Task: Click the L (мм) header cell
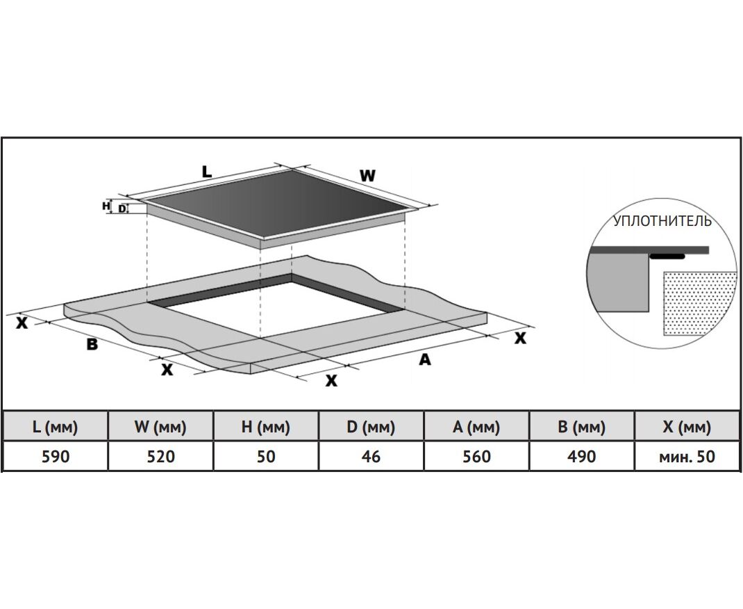[55, 426]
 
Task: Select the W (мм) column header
[160, 426]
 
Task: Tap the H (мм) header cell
[266, 426]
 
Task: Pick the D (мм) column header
[371, 426]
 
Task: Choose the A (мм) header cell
[476, 426]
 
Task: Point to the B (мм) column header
[582, 426]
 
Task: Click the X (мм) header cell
[687, 426]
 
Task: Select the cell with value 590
[55, 456]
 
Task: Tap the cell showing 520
[160, 456]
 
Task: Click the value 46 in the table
[371, 456]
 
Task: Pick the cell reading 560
[476, 456]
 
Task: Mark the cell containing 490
[582, 456]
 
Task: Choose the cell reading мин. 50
[687, 456]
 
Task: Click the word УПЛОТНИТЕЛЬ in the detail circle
[662, 221]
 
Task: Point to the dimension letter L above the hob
[207, 172]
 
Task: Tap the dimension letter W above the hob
[367, 176]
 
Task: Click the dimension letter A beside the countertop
[425, 359]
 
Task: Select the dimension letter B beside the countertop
[92, 343]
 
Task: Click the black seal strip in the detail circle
[667, 257]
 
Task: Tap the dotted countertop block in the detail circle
[698, 302]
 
